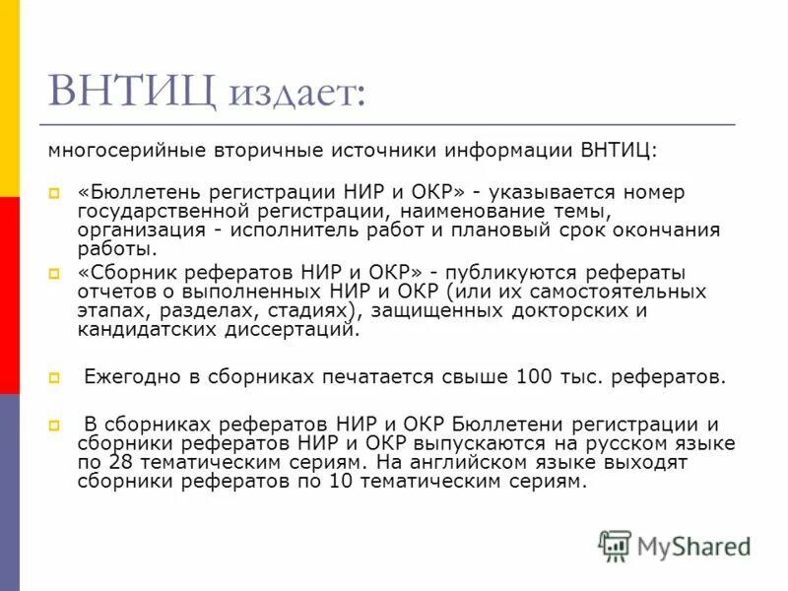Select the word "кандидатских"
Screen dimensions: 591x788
(137, 330)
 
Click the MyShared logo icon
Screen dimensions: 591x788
(615, 546)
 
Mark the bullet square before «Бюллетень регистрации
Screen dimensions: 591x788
(54, 193)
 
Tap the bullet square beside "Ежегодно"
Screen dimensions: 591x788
(54, 377)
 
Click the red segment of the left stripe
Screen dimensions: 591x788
(9, 295)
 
